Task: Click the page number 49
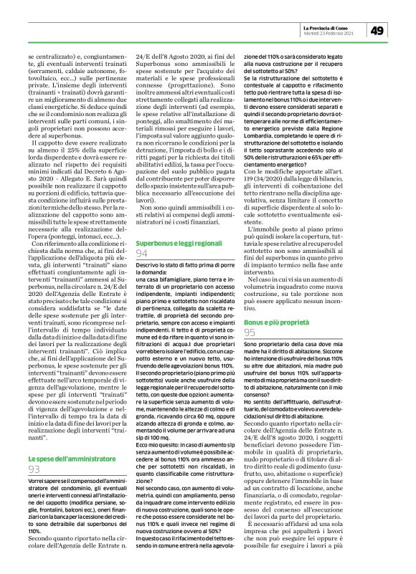pyautogui.click(x=379, y=30)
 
